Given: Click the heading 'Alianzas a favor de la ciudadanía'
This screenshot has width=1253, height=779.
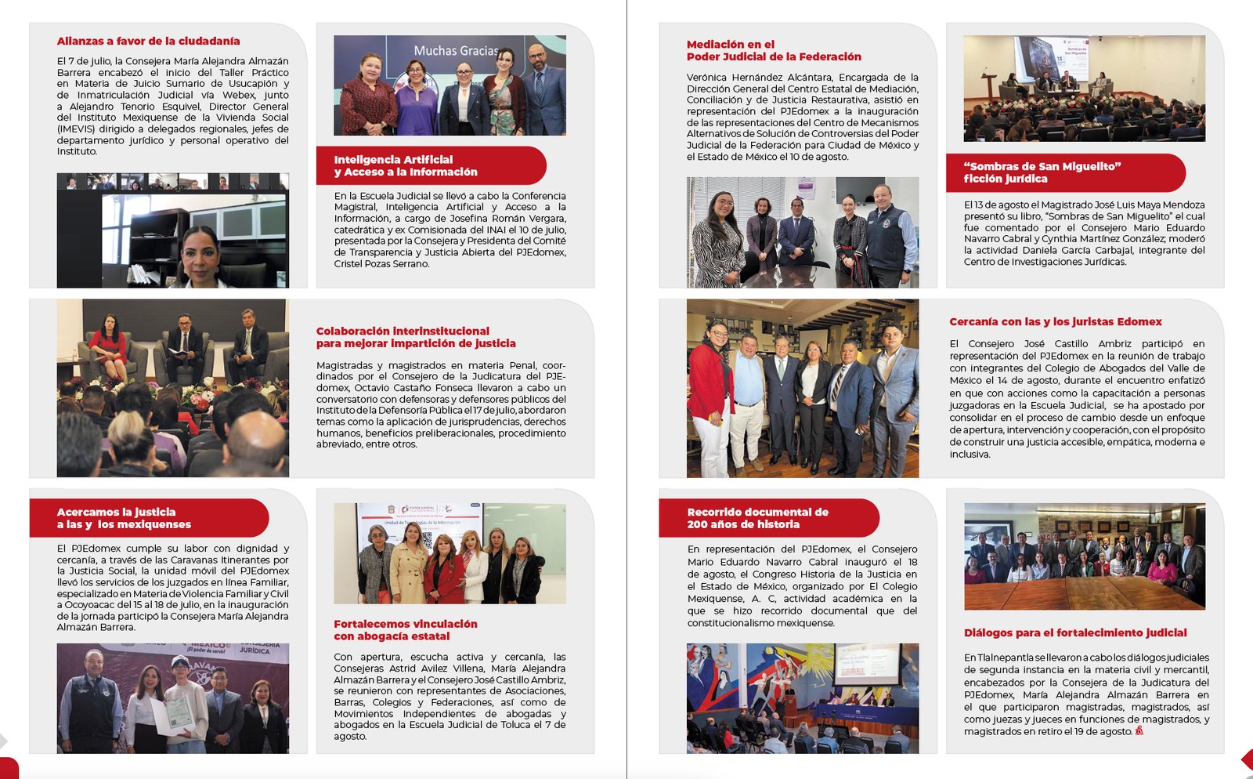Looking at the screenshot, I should click(x=148, y=41).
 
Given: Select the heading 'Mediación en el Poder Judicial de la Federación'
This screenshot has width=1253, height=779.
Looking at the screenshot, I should click(x=774, y=51).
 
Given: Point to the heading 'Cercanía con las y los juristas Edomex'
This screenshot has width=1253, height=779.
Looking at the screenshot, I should click(x=1055, y=321).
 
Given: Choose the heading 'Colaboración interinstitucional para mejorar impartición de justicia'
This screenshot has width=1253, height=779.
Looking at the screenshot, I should click(x=415, y=337).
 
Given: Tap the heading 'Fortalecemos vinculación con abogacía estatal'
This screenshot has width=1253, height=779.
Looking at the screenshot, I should click(x=405, y=630).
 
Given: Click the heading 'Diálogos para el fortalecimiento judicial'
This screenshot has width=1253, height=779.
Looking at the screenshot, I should click(x=1074, y=632).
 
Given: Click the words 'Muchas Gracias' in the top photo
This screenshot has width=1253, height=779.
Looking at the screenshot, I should click(x=455, y=51).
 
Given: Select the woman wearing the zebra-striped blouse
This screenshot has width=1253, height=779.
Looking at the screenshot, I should click(x=716, y=239).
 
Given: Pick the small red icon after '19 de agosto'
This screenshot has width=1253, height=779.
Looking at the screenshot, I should click(x=1139, y=730).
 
